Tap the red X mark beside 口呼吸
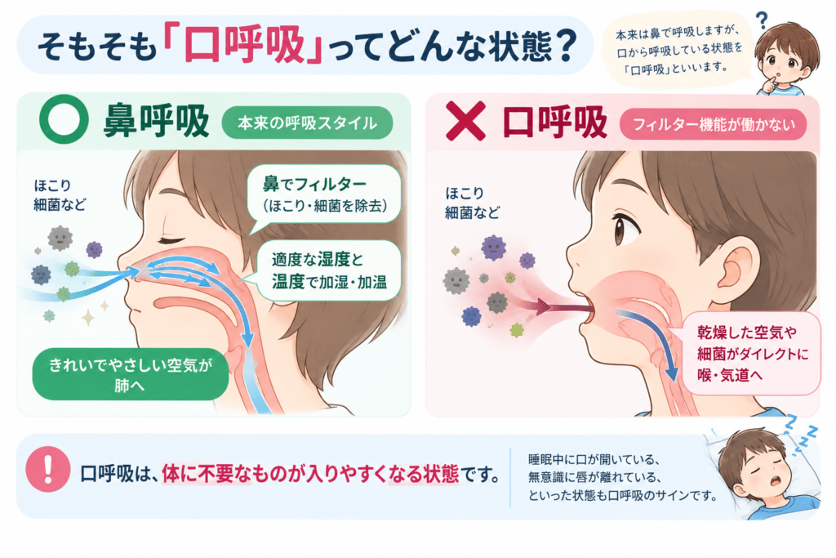(x=465, y=121)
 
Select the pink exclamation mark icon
(x=48, y=469)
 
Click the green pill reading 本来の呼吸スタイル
(x=307, y=123)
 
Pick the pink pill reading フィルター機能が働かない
(x=713, y=124)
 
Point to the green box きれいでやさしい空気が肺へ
(x=131, y=374)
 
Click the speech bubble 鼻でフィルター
(x=324, y=194)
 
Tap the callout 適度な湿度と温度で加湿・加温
(x=328, y=271)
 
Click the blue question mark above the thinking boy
(x=763, y=20)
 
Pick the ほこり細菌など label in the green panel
(x=60, y=195)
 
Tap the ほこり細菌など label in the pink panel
(x=473, y=203)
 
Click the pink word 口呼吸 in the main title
(x=244, y=44)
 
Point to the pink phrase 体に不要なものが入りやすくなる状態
(x=310, y=474)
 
